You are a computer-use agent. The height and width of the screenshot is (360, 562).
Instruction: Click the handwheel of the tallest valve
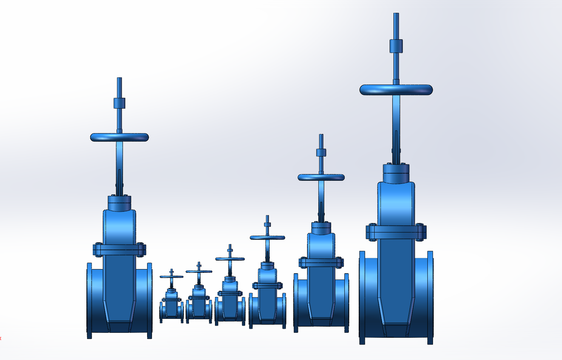click(x=396, y=90)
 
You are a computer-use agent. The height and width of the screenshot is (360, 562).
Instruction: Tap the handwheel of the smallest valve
click(x=172, y=277)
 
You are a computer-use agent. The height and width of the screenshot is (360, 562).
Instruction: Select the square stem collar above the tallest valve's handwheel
click(x=396, y=46)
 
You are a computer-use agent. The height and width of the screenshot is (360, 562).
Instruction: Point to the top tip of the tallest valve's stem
click(x=396, y=14)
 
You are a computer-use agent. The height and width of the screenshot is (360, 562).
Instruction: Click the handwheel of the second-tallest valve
click(x=120, y=137)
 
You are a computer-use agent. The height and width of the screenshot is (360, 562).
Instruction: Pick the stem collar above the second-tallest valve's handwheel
click(x=119, y=103)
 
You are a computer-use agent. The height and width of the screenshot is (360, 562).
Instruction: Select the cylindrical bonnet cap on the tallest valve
click(x=396, y=173)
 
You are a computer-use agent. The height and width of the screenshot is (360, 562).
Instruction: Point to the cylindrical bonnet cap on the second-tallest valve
click(x=119, y=203)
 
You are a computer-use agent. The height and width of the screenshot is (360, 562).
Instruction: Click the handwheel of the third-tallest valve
click(x=321, y=177)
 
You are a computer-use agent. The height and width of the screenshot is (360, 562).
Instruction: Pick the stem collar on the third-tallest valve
click(x=321, y=152)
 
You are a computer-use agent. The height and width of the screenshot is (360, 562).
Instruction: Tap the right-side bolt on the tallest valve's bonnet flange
click(x=421, y=232)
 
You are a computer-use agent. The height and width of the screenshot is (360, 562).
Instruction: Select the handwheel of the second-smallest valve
click(x=199, y=271)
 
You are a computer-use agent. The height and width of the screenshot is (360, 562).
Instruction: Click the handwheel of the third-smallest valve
click(x=230, y=259)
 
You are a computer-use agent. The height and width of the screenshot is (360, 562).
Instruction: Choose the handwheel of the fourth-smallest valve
click(x=267, y=237)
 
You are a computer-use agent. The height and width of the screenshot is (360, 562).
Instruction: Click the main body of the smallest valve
click(x=172, y=308)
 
